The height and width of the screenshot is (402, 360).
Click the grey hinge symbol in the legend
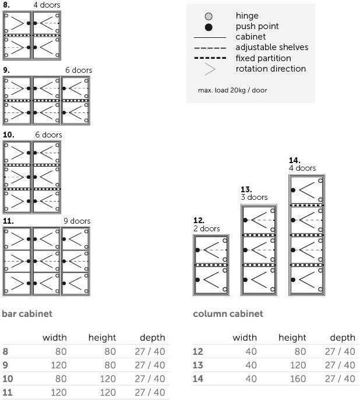[209, 16]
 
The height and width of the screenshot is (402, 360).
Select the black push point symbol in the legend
[209, 27]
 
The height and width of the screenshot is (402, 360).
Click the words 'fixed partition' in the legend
[263, 58]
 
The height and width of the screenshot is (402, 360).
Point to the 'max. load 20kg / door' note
[232, 90]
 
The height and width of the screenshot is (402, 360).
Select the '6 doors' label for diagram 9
[78, 70]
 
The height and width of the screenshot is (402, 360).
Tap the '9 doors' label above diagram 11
[77, 221]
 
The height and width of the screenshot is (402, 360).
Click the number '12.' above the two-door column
[199, 220]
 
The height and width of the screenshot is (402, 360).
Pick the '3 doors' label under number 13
[254, 197]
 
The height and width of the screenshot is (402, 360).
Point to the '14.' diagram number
[295, 160]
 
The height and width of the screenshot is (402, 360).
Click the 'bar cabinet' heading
[27, 313]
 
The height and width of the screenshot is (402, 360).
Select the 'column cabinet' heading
[228, 313]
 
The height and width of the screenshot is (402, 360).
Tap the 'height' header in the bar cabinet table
[102, 337]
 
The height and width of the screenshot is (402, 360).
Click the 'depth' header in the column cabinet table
[342, 337]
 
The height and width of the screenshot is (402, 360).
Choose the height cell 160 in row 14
[298, 378]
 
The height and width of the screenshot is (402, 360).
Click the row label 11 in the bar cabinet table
[7, 392]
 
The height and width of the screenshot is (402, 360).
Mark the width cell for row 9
[58, 365]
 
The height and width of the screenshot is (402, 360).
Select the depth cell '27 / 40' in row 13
[340, 365]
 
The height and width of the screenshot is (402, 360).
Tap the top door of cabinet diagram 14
[307, 190]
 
